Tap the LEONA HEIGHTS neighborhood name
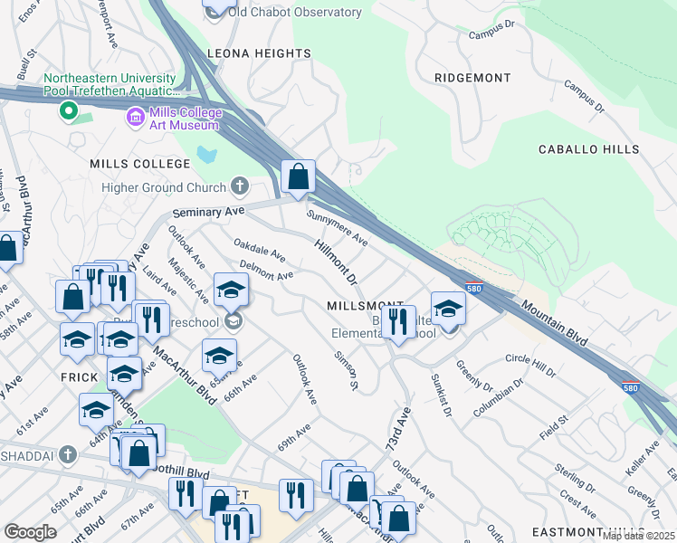tap(259, 54)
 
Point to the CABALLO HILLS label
tap(588, 149)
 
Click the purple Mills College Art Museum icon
tap(136, 117)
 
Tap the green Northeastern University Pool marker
tap(67, 111)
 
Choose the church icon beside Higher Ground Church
tap(240, 187)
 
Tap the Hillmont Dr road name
tap(337, 262)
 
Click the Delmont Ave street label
tap(266, 270)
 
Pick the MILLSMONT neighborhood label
tap(366, 307)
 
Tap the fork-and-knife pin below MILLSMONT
tap(397, 321)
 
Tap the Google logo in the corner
tap(31, 532)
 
